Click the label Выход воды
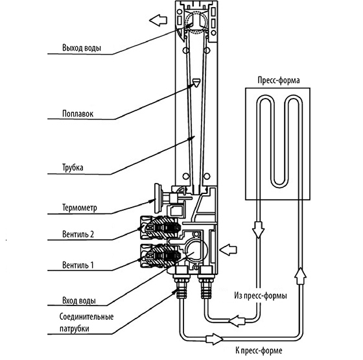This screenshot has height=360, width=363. tap(82, 48)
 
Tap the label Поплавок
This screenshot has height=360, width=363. tap(78, 114)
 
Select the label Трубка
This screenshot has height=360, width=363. tap(73, 167)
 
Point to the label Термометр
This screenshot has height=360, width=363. tap(79, 208)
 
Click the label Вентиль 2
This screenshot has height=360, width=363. tap(78, 234)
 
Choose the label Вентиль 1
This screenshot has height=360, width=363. tap(78, 265)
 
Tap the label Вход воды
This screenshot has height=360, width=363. tap(79, 301)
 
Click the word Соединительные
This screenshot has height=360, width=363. tap(87, 317)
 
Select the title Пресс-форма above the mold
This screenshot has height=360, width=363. tap(279, 80)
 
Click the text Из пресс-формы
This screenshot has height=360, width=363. tap(261, 296)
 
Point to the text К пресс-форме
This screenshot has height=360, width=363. tap(259, 350)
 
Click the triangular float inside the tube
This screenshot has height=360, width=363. tap(196, 83)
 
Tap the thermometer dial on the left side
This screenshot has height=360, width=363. tap(158, 198)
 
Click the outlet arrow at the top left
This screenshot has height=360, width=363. tap(158, 20)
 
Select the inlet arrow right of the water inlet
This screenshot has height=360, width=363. tap(228, 250)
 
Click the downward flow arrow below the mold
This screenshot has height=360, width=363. tap(258, 230)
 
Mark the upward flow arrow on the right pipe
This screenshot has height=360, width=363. tap(300, 276)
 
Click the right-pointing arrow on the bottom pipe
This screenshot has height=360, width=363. tap(214, 339)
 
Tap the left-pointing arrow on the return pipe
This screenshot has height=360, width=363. tap(237, 321)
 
